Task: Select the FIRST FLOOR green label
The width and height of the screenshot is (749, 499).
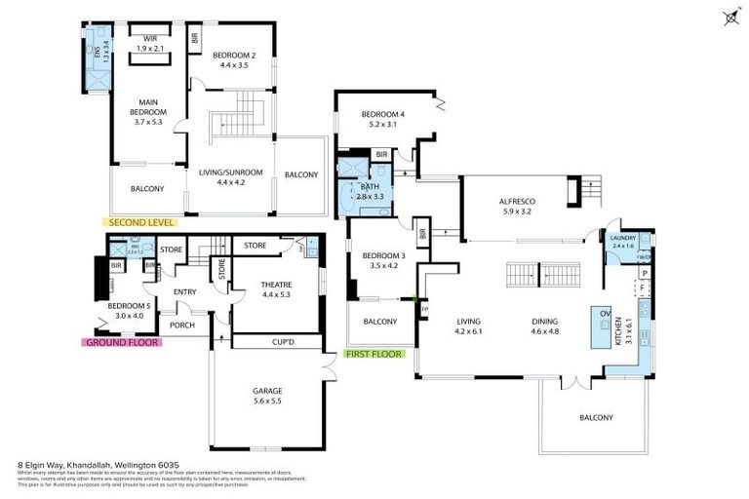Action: click(x=374, y=354)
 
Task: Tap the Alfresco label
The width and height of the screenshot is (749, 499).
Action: click(x=519, y=201)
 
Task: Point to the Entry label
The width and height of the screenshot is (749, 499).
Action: click(x=185, y=290)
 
